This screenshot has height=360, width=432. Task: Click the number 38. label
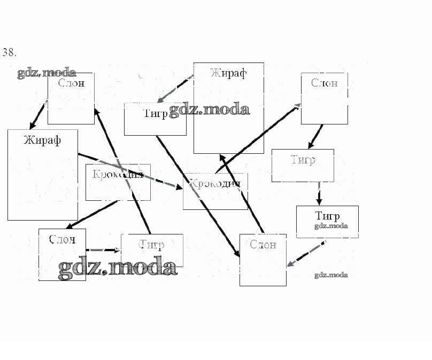(x=10, y=52)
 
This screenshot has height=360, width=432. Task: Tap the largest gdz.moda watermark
(x=117, y=267)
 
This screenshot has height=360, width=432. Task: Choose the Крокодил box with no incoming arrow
(x=118, y=182)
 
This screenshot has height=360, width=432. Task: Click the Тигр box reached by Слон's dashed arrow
(x=152, y=250)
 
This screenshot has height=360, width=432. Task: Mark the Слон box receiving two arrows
(x=263, y=260)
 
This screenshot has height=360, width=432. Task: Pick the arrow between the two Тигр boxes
(x=319, y=193)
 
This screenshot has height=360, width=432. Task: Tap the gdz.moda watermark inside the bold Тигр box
(x=331, y=226)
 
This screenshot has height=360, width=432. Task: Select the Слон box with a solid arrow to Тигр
(x=324, y=98)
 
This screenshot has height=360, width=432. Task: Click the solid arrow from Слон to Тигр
(x=315, y=137)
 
